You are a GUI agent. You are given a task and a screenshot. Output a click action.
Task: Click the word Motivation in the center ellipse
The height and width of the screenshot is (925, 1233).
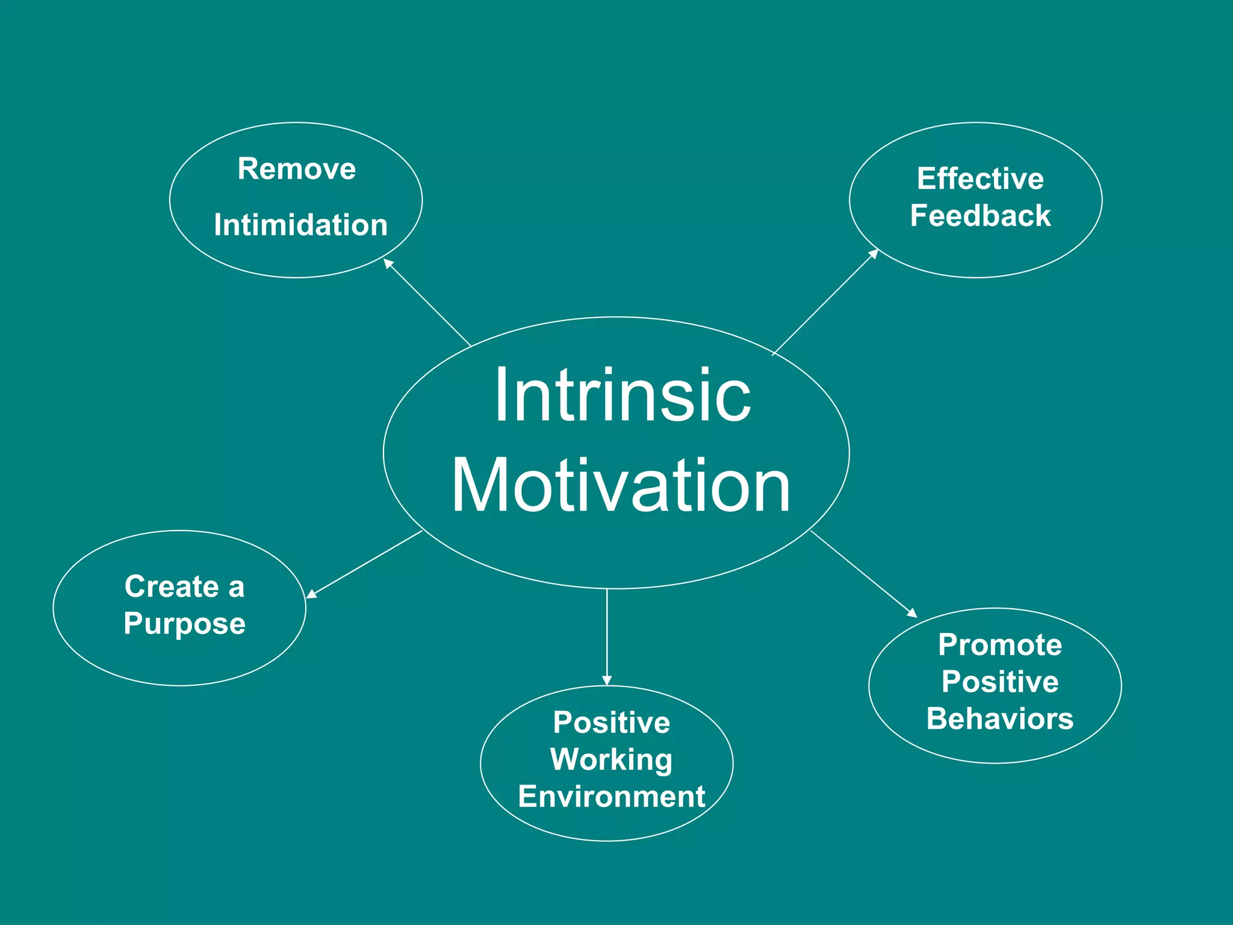click(x=621, y=485)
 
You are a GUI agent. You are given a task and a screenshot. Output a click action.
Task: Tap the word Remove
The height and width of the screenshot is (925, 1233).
click(x=296, y=169)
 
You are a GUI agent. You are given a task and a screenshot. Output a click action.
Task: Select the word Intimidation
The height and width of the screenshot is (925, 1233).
click(x=300, y=225)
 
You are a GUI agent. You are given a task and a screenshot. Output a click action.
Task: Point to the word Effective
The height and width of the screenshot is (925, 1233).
click(x=980, y=179)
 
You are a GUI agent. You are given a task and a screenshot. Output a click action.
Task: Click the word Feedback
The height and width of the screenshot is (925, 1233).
click(x=980, y=216)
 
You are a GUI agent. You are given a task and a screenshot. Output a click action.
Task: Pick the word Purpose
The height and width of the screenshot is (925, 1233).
click(x=185, y=623)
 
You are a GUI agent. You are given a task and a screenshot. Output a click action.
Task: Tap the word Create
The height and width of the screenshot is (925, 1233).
click(x=172, y=587)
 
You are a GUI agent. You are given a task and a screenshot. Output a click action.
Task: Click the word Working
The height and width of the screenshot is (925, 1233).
click(x=611, y=759)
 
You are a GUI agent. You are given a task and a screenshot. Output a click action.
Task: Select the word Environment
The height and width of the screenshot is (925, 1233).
click(x=611, y=797)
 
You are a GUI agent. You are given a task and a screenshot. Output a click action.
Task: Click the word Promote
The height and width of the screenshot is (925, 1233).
click(x=999, y=645)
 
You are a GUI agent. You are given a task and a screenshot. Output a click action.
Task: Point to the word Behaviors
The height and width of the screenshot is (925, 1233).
click(x=999, y=719)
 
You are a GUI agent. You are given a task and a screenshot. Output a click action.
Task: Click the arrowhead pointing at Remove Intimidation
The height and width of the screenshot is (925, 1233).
click(x=388, y=263)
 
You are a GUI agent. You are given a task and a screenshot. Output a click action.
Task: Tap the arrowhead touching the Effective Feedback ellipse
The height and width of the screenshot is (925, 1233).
click(x=874, y=254)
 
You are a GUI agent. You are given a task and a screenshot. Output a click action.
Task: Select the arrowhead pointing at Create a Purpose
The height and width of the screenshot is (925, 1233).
click(x=311, y=594)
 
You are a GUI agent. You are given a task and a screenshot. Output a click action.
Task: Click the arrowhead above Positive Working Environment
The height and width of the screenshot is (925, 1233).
click(x=607, y=681)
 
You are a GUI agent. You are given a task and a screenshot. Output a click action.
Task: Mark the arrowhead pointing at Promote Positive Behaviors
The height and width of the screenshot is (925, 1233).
click(x=912, y=613)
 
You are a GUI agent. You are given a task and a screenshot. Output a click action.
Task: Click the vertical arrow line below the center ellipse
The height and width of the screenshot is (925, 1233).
click(x=607, y=632)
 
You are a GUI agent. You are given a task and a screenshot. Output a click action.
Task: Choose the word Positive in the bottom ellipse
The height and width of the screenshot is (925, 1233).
click(x=611, y=723)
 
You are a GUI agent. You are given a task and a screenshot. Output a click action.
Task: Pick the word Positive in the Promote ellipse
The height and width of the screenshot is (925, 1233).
click(x=999, y=682)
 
